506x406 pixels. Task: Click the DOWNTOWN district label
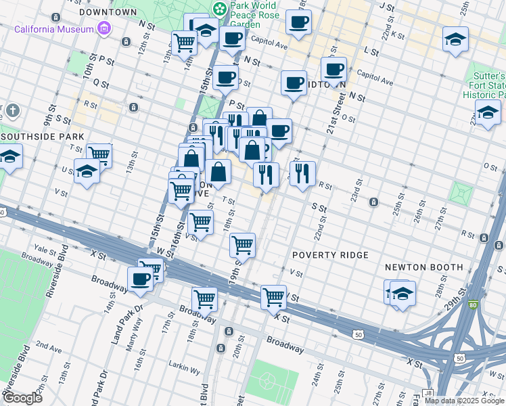pyautogui.click(x=108, y=12)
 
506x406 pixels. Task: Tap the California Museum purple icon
pyautogui.click(x=103, y=29)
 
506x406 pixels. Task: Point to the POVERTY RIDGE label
pyautogui.click(x=330, y=255)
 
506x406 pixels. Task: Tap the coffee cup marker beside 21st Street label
pyautogui.click(x=333, y=69)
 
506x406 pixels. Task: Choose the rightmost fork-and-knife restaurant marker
pyautogui.click(x=302, y=173)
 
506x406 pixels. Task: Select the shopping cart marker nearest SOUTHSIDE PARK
pyautogui.click(x=99, y=155)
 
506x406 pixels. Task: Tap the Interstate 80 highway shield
pyautogui.click(x=474, y=304)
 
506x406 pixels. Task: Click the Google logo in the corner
pyautogui.click(x=22, y=397)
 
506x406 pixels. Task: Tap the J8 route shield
pyautogui.click(x=428, y=392)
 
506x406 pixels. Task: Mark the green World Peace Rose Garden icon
pyautogui.click(x=219, y=9)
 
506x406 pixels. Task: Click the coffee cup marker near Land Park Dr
pyautogui.click(x=141, y=278)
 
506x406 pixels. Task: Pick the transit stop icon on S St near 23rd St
pyautogui.click(x=373, y=202)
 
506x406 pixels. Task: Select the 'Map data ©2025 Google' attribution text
pyautogui.click(x=464, y=401)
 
